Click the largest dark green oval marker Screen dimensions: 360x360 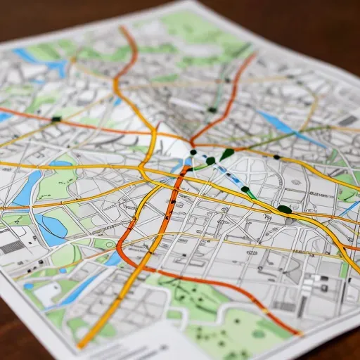pyautogui.click(x=284, y=209)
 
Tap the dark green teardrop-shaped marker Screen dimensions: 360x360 pyautogui.click(x=226, y=153)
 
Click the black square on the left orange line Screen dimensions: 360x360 pyautogui.click(x=56, y=119)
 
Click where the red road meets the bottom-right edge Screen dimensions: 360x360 pyautogui.click(x=298, y=333)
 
